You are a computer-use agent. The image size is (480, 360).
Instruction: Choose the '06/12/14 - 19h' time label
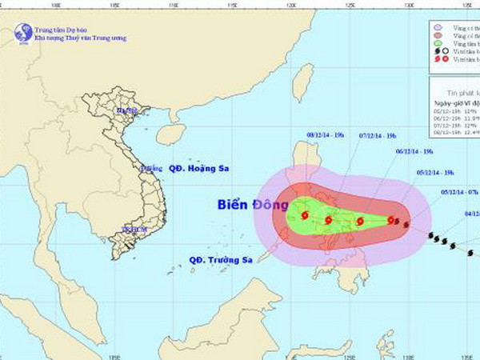pos(414,151)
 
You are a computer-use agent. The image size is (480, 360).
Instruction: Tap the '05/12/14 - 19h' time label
pos(436,173)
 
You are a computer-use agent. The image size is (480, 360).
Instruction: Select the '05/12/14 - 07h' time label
pos(460,193)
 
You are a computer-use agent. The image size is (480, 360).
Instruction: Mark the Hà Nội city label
pos(126,110)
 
